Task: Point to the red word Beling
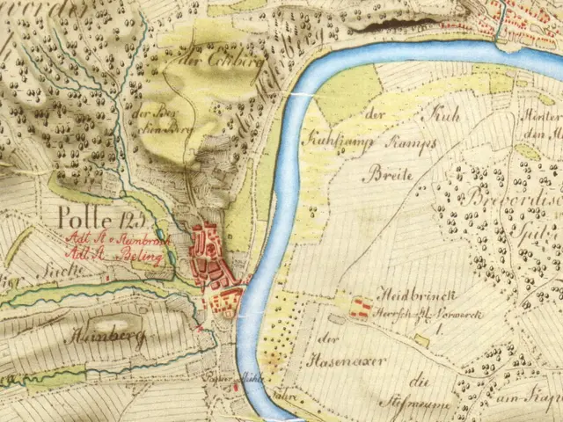coord(141,255)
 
